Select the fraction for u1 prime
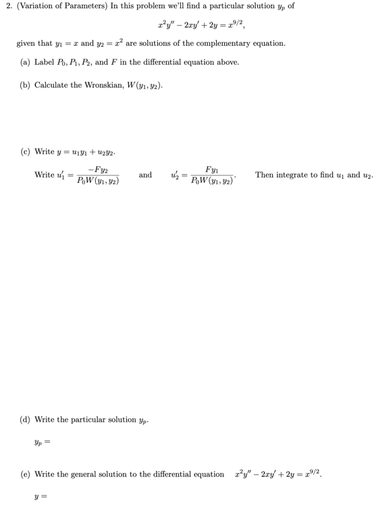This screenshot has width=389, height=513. point(98,175)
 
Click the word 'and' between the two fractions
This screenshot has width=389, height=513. point(145,175)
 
